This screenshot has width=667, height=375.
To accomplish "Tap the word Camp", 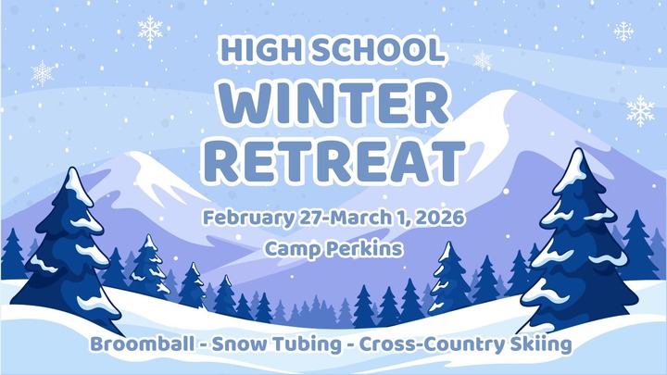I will click(x=286, y=248).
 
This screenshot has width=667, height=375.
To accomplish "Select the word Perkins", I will click(x=365, y=248).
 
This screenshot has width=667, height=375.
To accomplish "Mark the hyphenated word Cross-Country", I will click(x=428, y=344).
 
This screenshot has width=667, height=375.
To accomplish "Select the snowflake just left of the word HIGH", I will click(x=150, y=30).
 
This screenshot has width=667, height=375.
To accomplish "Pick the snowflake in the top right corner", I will click(x=623, y=32).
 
